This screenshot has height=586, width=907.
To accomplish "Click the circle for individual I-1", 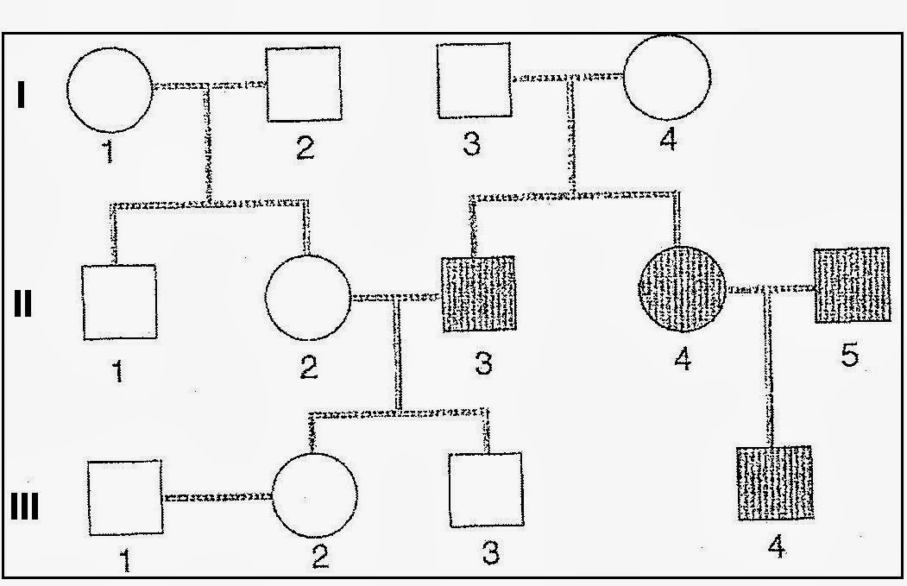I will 110,88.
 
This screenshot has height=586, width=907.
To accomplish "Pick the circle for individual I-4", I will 667,76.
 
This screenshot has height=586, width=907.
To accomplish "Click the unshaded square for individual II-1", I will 119,302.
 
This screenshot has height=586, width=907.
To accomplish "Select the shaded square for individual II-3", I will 478,293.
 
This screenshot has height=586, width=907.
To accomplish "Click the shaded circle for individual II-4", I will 682,289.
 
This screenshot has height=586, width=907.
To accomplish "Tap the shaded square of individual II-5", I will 852,285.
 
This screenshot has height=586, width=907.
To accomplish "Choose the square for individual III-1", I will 125,496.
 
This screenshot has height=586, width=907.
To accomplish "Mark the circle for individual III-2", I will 315,494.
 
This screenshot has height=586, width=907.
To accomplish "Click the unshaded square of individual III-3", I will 486,488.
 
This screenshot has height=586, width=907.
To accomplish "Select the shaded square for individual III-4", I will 775,483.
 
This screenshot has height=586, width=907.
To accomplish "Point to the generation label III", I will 24,507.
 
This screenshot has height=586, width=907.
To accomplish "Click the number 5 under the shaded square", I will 850,354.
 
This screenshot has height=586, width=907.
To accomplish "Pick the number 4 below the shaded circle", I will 683,358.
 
